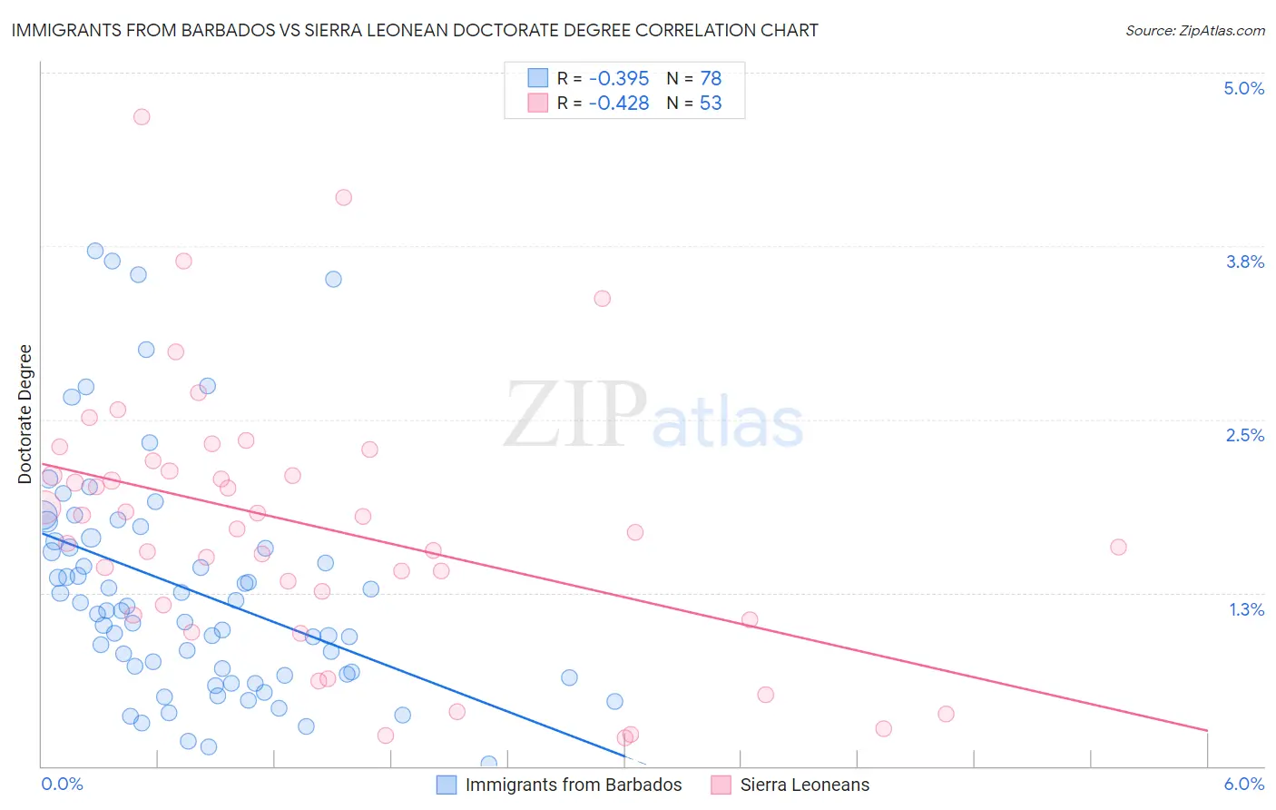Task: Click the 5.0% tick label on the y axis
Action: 1243,88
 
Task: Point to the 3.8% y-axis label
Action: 1244,262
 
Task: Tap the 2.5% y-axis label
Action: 1244,435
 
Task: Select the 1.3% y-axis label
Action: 1246,609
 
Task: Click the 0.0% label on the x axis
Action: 62,784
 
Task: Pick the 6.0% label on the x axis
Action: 1243,784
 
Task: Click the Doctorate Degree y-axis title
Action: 25,414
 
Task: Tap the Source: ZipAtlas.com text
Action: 1194,30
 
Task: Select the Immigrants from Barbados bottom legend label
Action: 573,785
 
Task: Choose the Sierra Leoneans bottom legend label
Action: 804,785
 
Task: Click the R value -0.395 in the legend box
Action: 618,79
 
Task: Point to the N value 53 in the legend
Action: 711,104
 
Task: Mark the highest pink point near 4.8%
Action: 142,116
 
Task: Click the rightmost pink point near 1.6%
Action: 1118,547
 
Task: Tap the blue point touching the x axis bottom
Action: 489,764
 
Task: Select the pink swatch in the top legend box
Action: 538,103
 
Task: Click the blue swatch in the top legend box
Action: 538,78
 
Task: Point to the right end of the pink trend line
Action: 1207,730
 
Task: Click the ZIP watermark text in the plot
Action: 575,414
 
